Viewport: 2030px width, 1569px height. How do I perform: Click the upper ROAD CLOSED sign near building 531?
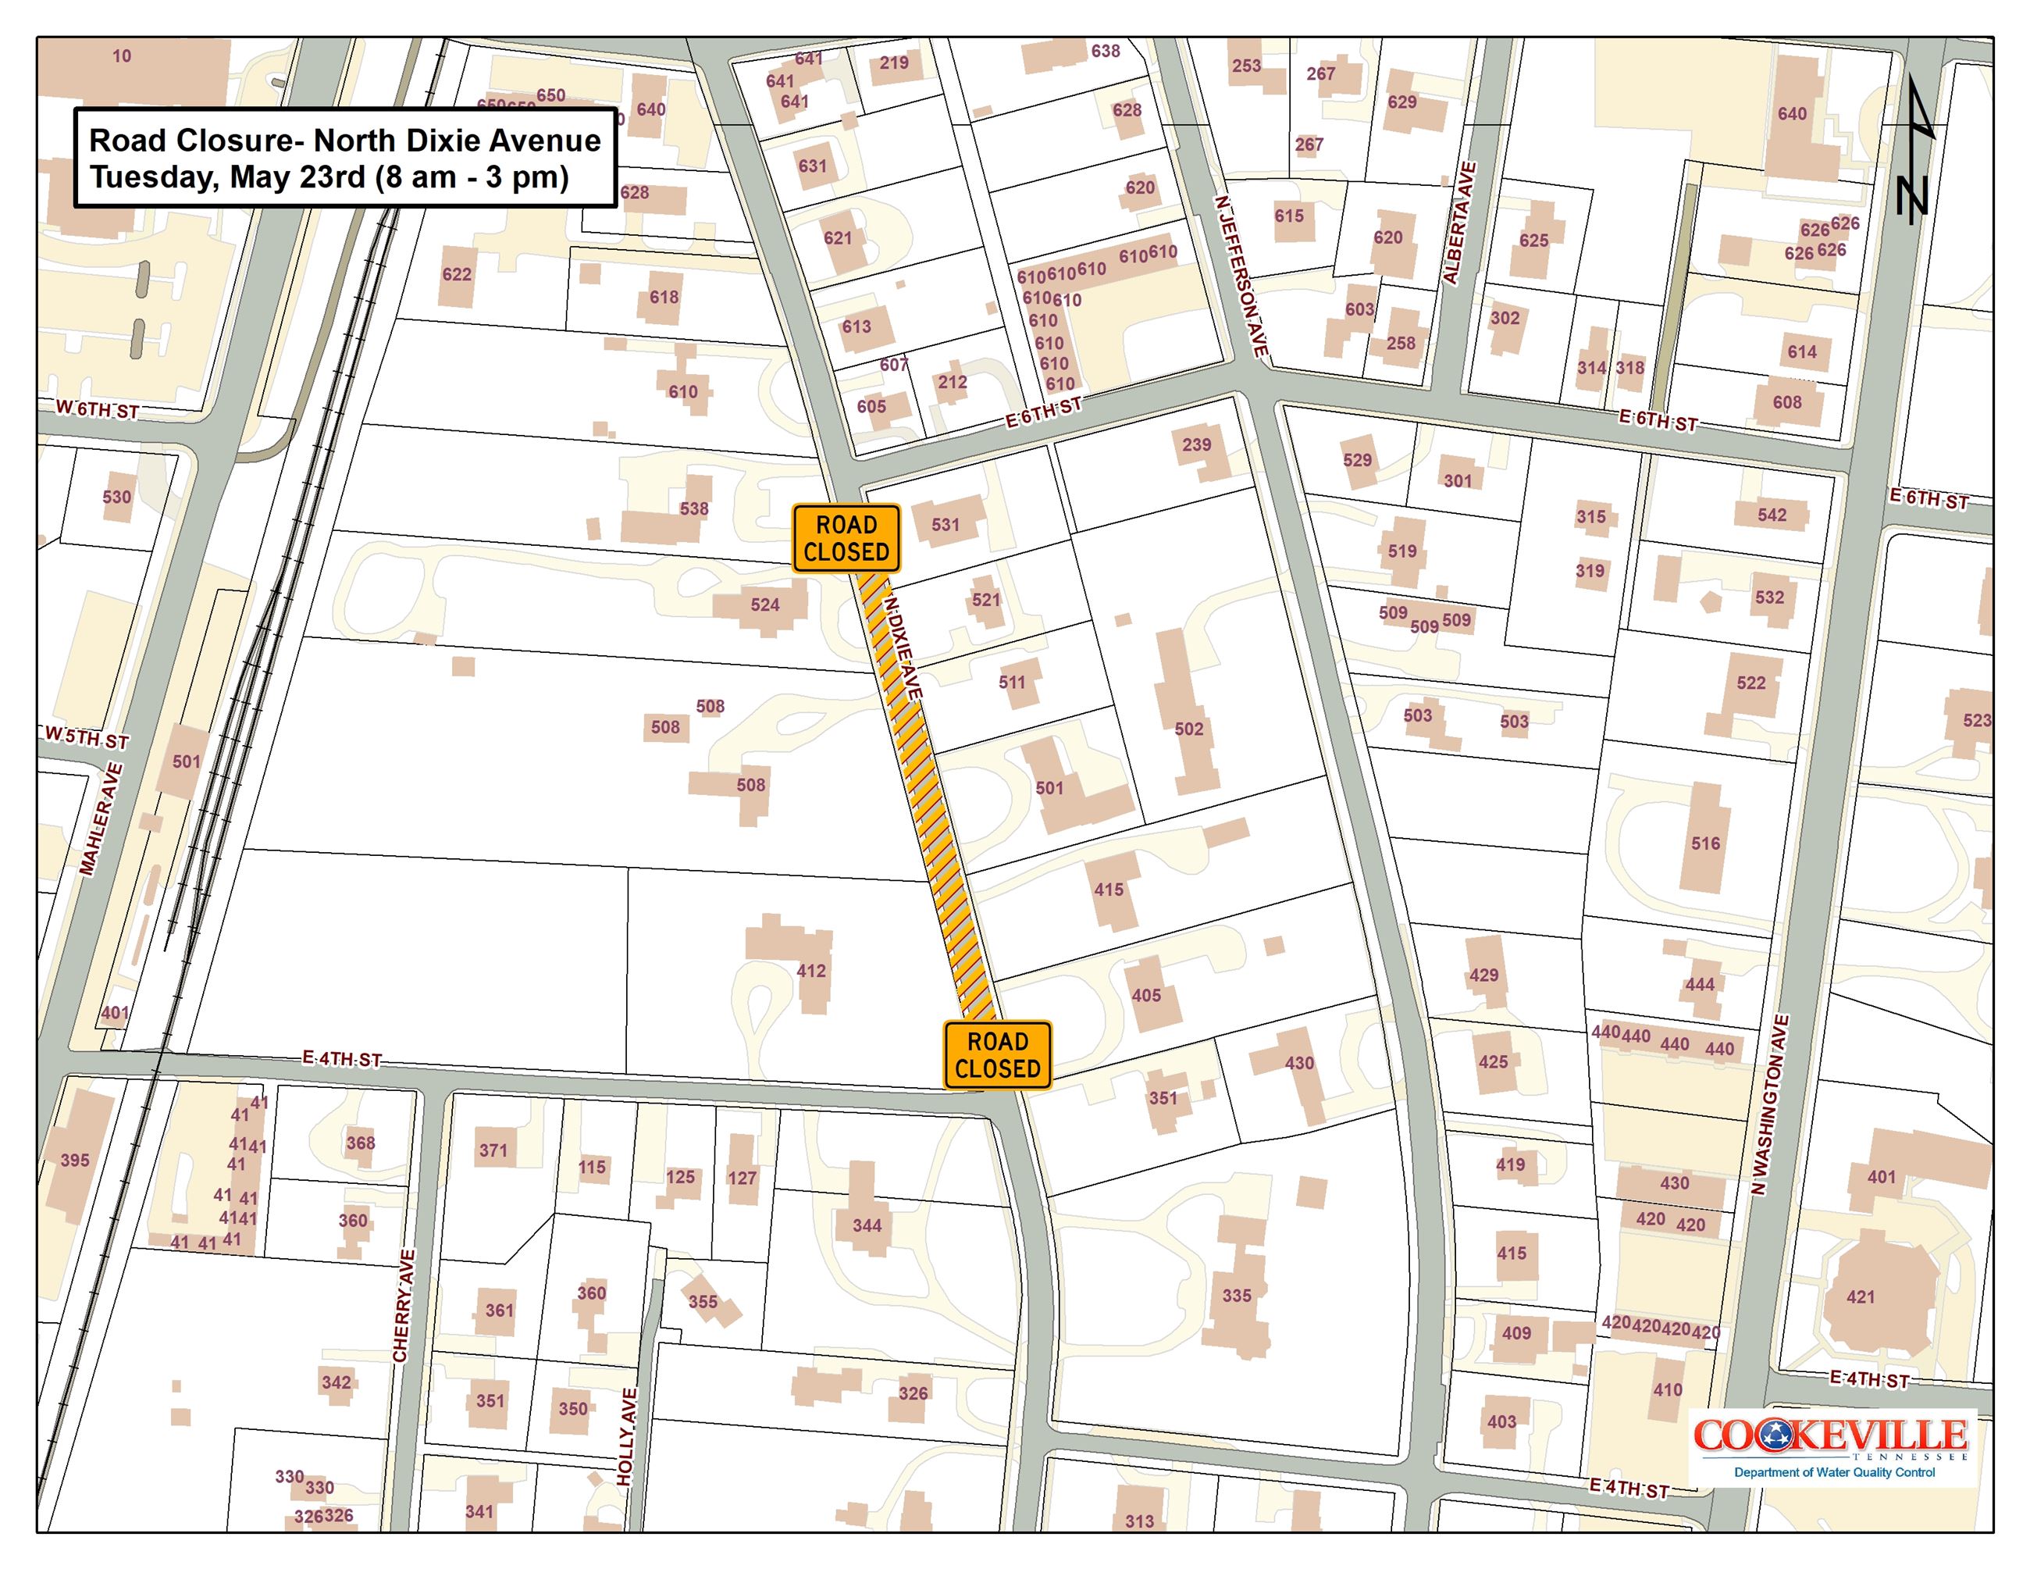coord(846,538)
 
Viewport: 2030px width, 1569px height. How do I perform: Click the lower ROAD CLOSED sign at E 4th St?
coord(997,1055)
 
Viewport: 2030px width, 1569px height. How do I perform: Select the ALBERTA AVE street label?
coord(1458,223)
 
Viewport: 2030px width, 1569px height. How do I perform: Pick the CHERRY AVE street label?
coord(402,1306)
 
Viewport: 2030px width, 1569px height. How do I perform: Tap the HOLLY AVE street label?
coord(628,1436)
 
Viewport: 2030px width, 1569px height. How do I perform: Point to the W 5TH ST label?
coord(87,738)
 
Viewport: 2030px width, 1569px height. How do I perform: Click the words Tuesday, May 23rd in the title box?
coord(229,177)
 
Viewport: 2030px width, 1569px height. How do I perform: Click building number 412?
coord(810,971)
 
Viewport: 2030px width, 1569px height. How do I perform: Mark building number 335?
coord(1236,1295)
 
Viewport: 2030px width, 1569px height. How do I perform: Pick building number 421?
coord(1860,1296)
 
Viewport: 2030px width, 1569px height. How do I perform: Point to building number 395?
coord(75,1160)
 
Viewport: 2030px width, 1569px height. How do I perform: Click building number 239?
coord(1196,444)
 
